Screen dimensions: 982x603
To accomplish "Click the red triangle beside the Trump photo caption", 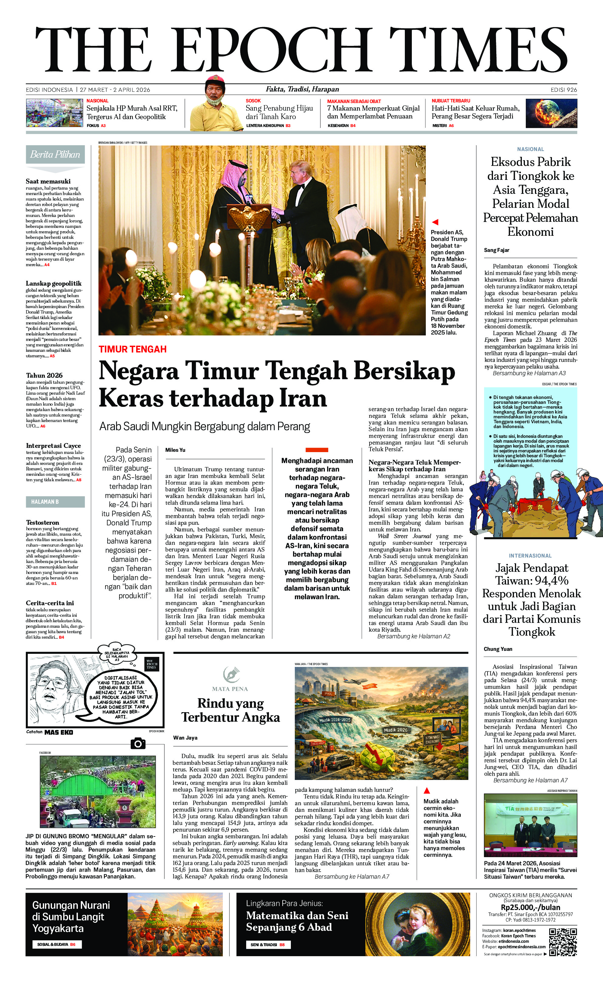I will tap(435, 222).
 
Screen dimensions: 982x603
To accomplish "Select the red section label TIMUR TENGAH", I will tap(133, 349).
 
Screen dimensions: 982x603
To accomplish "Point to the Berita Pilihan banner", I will tap(55, 155).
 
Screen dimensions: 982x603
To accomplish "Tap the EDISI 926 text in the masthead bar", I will tap(563, 90).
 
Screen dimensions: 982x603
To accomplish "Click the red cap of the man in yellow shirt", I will tap(215, 79).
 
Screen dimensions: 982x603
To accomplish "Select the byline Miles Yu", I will tap(175, 450).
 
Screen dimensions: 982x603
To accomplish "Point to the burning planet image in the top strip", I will tap(551, 113).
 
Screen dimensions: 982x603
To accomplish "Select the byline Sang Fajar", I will tap(497, 250).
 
